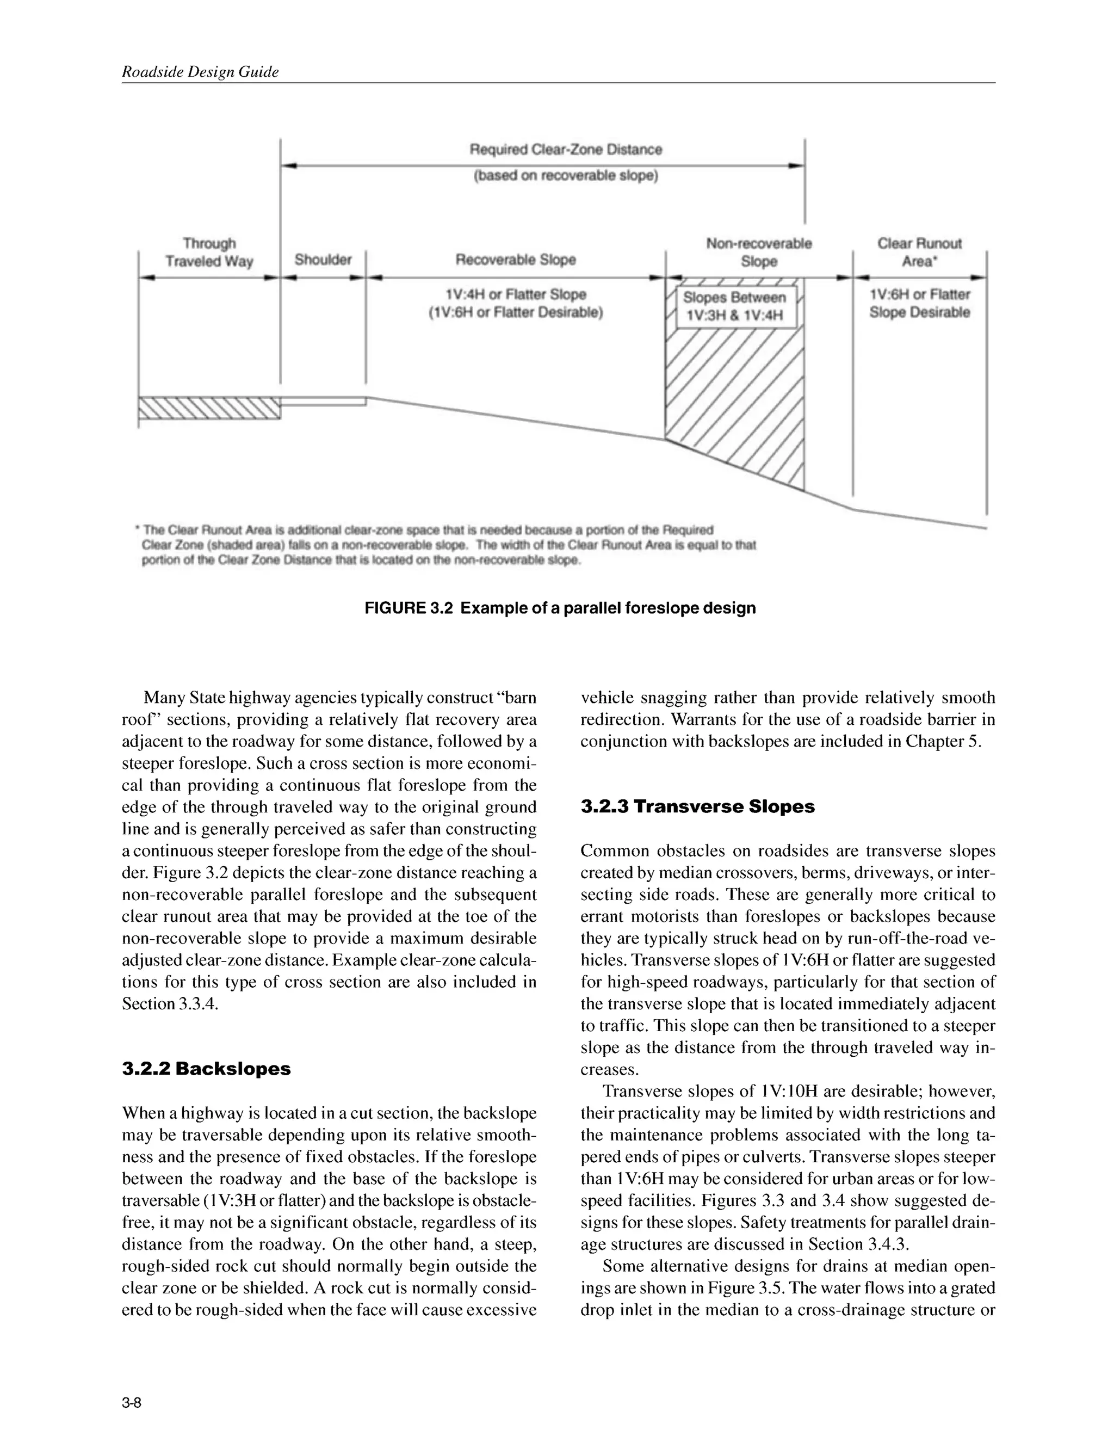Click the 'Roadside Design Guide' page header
point(200,72)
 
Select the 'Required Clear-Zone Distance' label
point(566,149)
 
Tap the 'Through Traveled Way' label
point(209,252)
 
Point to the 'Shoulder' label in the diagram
point(323,260)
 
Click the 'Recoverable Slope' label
point(516,260)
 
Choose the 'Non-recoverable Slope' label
point(759,252)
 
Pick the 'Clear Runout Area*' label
point(919,252)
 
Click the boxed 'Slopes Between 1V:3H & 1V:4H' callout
point(734,306)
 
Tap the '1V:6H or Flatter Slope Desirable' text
point(919,303)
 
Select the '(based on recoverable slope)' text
point(566,176)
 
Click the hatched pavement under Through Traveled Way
point(209,408)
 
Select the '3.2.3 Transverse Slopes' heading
point(697,807)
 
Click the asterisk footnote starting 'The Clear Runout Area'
point(427,530)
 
